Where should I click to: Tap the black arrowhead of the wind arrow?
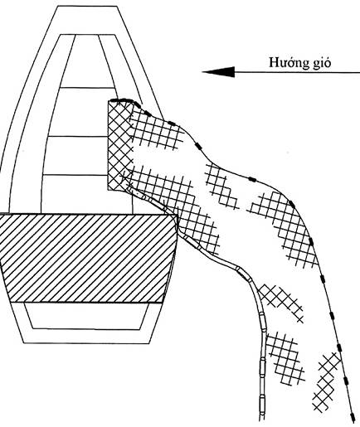[218, 72]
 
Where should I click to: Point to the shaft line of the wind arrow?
[297, 72]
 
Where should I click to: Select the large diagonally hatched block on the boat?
[88, 258]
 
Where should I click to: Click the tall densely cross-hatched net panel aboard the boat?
[119, 146]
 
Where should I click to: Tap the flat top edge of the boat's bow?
[86, 6]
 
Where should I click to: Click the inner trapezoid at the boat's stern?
[86, 316]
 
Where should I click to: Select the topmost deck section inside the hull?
[87, 61]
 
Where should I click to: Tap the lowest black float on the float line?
[353, 416]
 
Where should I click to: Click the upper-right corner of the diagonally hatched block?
[176, 214]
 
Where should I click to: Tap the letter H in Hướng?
[274, 62]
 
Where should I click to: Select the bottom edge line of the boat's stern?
[86, 343]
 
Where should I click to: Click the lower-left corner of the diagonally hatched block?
[10, 302]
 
